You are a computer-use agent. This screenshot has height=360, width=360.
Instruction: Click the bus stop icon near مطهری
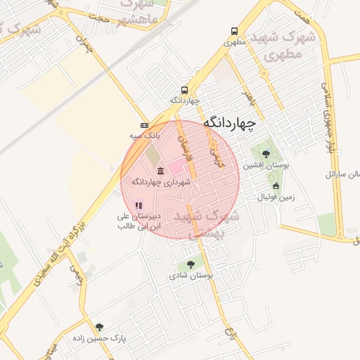[x=234, y=31]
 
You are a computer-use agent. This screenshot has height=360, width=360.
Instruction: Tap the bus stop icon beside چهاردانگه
[x=184, y=90]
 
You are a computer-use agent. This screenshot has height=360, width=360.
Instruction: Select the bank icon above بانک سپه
[x=145, y=124]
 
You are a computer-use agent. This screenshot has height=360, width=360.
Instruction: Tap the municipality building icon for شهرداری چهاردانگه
[x=161, y=171]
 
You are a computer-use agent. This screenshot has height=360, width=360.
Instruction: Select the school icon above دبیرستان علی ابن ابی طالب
[x=139, y=205]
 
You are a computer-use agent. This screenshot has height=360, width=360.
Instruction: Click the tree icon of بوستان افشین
[x=265, y=154]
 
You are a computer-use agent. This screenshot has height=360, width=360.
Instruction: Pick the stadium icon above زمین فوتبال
[x=276, y=186]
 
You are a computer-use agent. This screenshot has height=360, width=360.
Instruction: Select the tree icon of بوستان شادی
[x=191, y=264]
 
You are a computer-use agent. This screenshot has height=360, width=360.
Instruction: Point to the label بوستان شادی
[x=190, y=276]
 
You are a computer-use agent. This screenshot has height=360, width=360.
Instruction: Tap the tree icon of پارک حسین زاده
[x=99, y=327]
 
